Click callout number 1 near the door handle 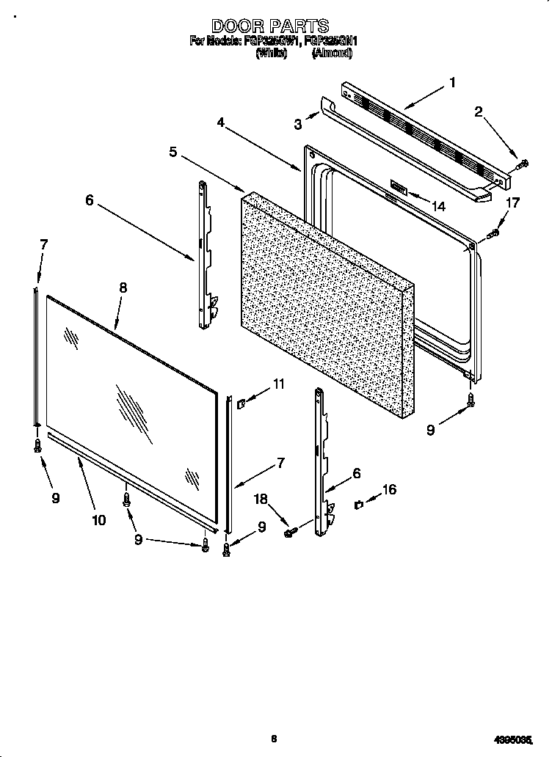point(453,83)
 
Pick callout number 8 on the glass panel point(123,288)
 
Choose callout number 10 point(99,520)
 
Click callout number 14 point(439,207)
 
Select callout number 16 point(389,489)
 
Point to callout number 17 point(513,202)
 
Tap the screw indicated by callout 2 point(523,164)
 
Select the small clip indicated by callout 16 point(357,504)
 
